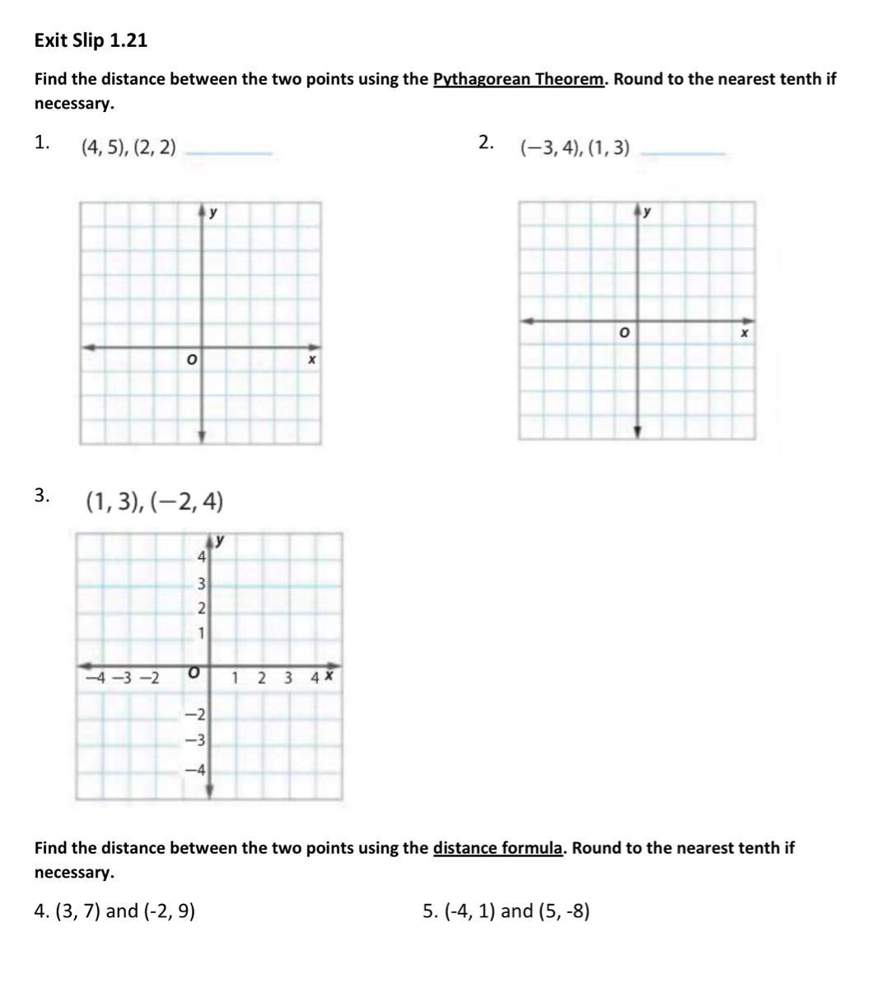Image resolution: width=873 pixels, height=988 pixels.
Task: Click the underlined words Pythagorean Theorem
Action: point(519,79)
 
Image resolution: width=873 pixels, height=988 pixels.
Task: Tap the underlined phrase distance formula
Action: point(497,847)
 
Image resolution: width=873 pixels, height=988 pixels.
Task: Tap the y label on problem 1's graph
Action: point(213,212)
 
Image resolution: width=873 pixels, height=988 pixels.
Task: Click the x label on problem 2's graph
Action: point(744,333)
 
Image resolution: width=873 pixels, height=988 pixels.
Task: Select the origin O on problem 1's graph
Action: point(191,361)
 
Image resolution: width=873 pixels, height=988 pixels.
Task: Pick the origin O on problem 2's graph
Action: point(623,333)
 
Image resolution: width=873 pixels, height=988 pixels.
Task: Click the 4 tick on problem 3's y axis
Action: point(201,557)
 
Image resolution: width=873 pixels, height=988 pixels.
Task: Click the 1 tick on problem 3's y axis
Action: point(202,634)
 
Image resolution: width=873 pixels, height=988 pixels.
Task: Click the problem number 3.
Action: point(42,495)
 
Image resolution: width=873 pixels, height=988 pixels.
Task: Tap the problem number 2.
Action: point(486,142)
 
